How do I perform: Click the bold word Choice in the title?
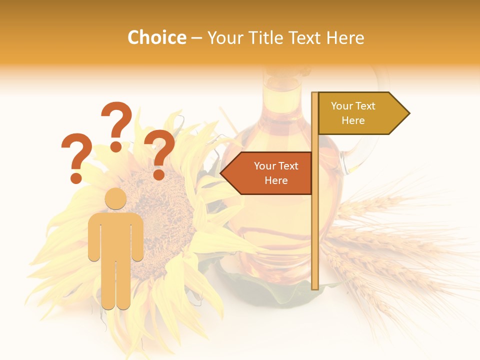tap(156, 37)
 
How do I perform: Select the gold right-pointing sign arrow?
tap(363, 113)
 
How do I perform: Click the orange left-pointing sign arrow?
tap(267, 173)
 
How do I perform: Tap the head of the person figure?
tap(115, 198)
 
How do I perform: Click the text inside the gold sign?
tap(353, 113)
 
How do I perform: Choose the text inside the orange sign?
tap(275, 173)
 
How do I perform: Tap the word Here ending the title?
tap(345, 37)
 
